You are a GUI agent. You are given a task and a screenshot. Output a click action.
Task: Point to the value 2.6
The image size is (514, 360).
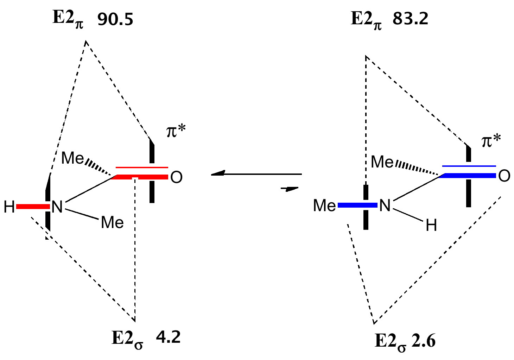pyautogui.click(x=422, y=341)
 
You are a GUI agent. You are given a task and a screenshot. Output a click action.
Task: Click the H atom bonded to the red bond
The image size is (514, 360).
pyautogui.click(x=9, y=207)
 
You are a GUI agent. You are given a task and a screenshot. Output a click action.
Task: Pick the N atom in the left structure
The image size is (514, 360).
pyautogui.click(x=57, y=207)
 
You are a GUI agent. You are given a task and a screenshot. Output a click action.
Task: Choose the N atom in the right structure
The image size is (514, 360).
pyautogui.click(x=385, y=206)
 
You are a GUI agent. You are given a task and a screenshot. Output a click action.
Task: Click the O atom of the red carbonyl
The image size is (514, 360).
pyautogui.click(x=176, y=178)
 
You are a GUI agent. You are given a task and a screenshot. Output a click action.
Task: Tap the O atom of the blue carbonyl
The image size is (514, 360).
pyautogui.click(x=504, y=176)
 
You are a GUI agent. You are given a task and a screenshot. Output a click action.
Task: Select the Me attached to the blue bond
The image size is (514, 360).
pyautogui.click(x=324, y=206)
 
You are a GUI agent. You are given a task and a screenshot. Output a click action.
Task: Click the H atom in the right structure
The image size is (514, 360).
pyautogui.click(x=431, y=226)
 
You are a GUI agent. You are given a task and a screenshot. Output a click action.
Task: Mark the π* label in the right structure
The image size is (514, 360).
pyautogui.click(x=491, y=141)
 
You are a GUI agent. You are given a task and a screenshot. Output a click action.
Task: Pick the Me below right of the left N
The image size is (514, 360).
pyautogui.click(x=112, y=222)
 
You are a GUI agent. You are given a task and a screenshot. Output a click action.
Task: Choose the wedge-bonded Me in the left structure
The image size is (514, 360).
pyautogui.click(x=72, y=158)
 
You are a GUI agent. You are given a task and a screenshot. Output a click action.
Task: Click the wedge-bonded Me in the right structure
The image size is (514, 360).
pyautogui.click(x=382, y=162)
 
